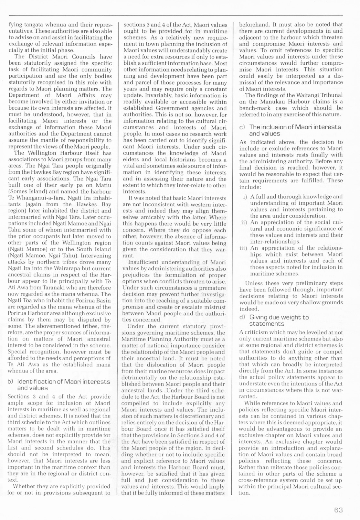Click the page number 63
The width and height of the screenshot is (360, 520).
pos(338,510)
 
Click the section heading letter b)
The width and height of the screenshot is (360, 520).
pos(10,382)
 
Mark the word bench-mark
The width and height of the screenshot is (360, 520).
pos(254,108)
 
